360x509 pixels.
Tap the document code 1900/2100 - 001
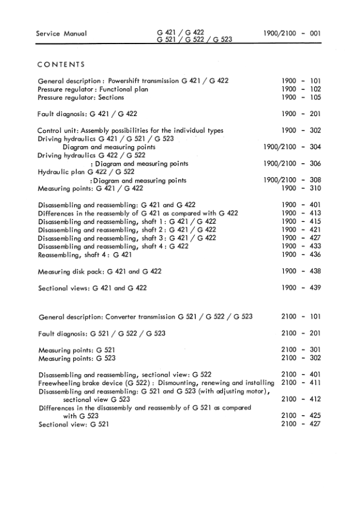pyautogui.click(x=292, y=34)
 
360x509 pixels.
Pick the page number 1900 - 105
pyautogui.click(x=301, y=97)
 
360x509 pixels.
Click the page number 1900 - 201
pyautogui.click(x=301, y=114)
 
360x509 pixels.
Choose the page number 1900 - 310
pyautogui.click(x=301, y=189)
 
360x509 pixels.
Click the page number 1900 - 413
pyautogui.click(x=301, y=213)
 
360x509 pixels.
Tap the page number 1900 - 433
pyautogui.click(x=301, y=247)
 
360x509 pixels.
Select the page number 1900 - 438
pyautogui.click(x=301, y=271)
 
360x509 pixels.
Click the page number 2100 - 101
pyautogui.click(x=301, y=317)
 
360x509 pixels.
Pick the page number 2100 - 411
pyautogui.click(x=301, y=383)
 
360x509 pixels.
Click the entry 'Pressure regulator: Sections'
pyautogui.click(x=81, y=97)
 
